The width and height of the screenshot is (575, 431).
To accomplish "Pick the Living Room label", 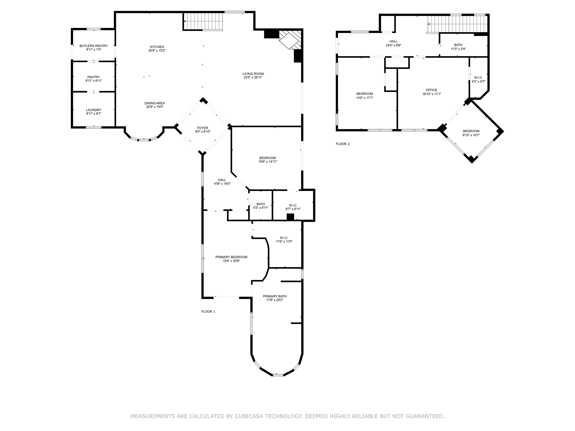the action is pyautogui.click(x=253, y=74).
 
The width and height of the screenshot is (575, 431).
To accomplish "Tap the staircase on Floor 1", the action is pyautogui.click(x=203, y=21).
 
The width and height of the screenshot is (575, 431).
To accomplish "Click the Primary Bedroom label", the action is pyautogui.click(x=231, y=257).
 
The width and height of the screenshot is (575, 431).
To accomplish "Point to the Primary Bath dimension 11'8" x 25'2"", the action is pyautogui.click(x=275, y=300).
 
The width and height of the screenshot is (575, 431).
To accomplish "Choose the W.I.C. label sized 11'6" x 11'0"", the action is pyautogui.click(x=284, y=238).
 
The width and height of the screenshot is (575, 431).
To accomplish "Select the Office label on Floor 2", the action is pyautogui.click(x=431, y=90).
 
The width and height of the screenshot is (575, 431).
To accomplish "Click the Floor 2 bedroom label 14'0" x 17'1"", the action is pyautogui.click(x=365, y=94).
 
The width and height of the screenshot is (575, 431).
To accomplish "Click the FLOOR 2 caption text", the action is pyautogui.click(x=343, y=144).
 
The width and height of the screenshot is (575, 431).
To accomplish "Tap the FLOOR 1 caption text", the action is pyautogui.click(x=208, y=311).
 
